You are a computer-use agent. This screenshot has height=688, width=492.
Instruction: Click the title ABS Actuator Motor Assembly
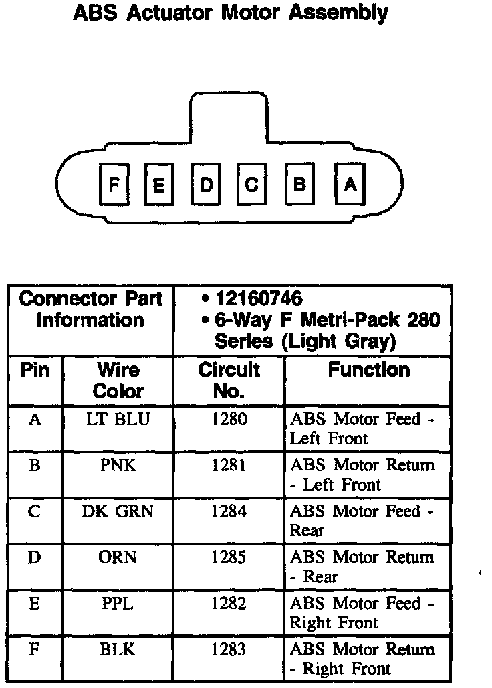click(x=230, y=13)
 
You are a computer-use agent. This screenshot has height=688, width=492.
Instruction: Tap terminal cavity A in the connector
click(x=350, y=183)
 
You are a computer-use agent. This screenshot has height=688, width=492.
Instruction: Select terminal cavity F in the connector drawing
click(x=114, y=183)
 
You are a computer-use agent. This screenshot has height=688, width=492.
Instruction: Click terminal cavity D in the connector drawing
click(x=206, y=183)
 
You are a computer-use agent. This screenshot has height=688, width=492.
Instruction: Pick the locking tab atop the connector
click(x=229, y=114)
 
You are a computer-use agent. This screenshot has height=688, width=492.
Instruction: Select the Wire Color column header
click(x=118, y=380)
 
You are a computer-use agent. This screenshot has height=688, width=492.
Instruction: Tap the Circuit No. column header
click(x=229, y=380)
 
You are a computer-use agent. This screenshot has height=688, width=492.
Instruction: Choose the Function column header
click(x=368, y=370)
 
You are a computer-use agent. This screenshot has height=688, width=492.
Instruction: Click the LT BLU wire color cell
click(x=118, y=420)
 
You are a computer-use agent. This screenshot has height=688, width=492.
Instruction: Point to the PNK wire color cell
click(x=118, y=465)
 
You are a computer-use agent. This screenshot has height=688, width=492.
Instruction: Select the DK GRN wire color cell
click(x=118, y=511)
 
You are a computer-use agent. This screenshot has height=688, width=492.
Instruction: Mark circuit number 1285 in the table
click(x=229, y=557)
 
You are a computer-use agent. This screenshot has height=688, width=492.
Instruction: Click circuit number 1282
click(x=229, y=604)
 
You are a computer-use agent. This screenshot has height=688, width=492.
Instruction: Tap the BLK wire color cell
click(x=118, y=649)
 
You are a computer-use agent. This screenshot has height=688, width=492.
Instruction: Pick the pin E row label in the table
click(x=35, y=604)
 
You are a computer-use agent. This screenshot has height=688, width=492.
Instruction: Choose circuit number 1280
click(x=229, y=420)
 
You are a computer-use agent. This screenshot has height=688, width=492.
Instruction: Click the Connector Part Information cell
click(x=91, y=309)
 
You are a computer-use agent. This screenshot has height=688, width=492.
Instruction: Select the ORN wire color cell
click(x=118, y=557)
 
